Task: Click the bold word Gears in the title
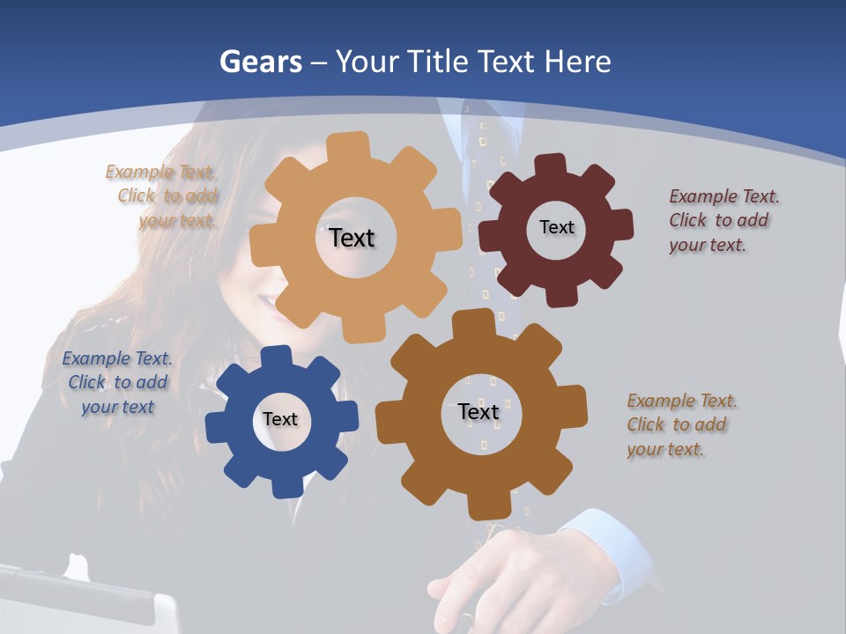click(260, 62)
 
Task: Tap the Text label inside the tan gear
click(352, 238)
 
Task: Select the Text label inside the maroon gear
click(556, 227)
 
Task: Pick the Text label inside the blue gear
click(279, 419)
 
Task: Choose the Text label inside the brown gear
click(478, 411)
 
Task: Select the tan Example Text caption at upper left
click(163, 196)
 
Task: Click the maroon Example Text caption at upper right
click(723, 220)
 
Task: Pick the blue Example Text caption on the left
click(117, 382)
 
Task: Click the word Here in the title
click(577, 62)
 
